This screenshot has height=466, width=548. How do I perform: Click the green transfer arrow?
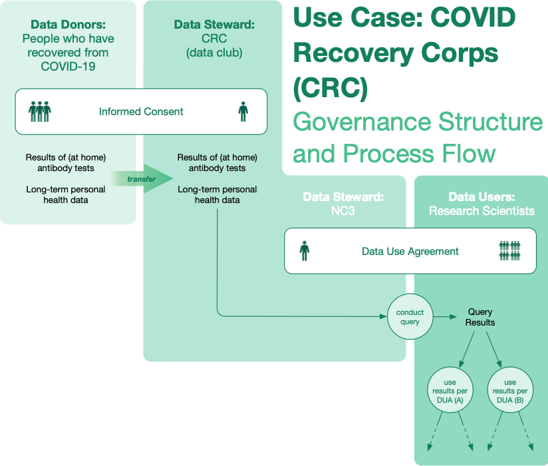(142, 178)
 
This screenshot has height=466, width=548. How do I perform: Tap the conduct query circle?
(410, 317)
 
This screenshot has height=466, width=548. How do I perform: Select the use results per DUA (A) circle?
(450, 389)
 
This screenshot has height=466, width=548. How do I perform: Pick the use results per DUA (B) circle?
(510, 389)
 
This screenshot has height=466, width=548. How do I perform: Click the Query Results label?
(480, 317)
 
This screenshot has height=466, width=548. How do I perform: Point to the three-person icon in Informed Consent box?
(40, 112)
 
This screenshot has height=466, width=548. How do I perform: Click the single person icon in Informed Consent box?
(243, 112)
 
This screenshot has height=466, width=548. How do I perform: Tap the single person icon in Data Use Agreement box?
(305, 251)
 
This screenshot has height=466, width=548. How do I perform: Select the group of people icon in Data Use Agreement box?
(510, 251)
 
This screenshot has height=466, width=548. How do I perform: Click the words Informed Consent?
(141, 112)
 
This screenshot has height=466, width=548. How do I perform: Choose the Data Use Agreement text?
(410, 251)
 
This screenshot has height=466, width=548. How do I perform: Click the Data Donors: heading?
(68, 25)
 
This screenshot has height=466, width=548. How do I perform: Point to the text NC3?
(343, 211)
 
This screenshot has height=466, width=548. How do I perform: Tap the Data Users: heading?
(481, 197)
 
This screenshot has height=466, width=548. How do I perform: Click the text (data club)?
(214, 53)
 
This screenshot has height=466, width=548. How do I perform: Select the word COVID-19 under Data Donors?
(68, 67)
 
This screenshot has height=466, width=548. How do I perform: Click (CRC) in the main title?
(331, 87)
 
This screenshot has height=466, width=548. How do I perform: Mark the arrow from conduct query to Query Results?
(445, 317)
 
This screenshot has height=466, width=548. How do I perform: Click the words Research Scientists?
(481, 211)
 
